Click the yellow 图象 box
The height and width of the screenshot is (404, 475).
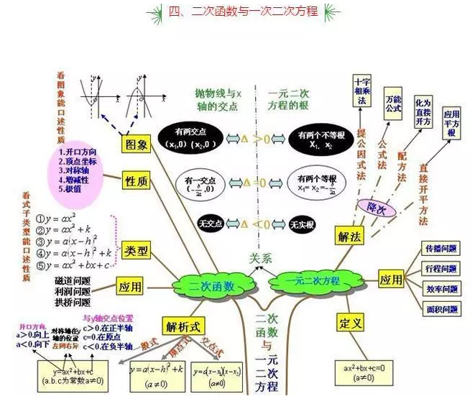(136, 144)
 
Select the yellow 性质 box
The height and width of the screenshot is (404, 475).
(136, 180)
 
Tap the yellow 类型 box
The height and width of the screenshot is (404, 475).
(136, 251)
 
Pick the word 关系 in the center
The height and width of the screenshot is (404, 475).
(262, 257)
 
